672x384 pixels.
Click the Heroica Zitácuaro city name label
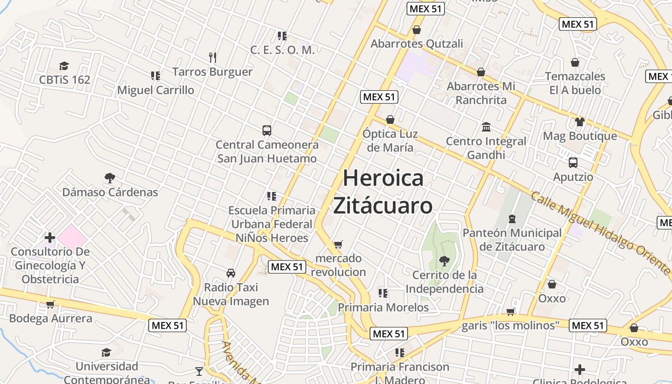point(383,192)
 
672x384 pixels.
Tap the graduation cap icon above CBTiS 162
point(64,66)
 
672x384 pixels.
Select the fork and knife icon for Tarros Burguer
point(213,58)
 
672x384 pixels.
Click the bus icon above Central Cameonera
point(267,130)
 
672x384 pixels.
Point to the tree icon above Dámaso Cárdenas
point(110,178)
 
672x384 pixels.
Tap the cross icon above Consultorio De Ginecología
point(50,238)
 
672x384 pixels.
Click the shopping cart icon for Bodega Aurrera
point(50,304)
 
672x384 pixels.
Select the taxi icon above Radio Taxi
point(231,273)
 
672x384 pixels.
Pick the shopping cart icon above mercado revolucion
point(338,244)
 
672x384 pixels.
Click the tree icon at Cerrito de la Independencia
point(444,261)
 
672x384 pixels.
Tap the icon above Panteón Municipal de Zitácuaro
point(512,219)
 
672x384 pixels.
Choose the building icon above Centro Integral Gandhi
point(486,127)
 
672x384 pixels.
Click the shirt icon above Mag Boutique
point(580,122)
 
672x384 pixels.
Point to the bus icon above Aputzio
point(573,163)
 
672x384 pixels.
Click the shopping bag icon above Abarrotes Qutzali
point(417,30)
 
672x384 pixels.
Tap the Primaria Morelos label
point(383,307)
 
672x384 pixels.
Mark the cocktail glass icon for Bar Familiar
point(199,371)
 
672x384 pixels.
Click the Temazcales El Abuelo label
point(575,83)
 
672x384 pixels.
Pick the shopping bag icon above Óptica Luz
point(390,120)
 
